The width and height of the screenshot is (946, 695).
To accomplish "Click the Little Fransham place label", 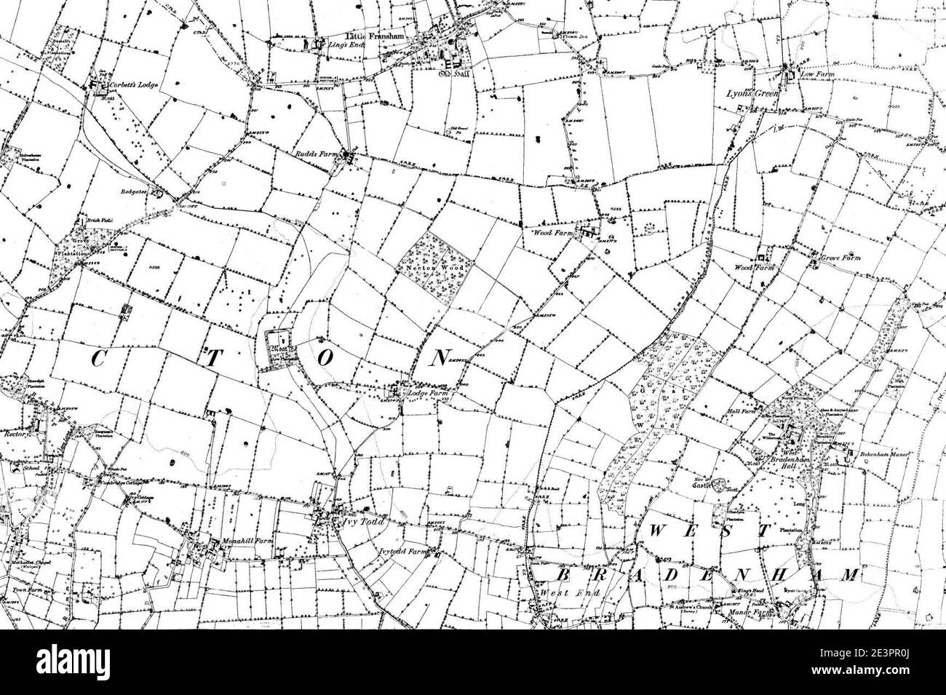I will [x=375, y=36].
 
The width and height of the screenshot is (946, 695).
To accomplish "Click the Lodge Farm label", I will [x=427, y=393].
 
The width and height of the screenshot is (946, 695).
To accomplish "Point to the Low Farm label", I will [x=815, y=75].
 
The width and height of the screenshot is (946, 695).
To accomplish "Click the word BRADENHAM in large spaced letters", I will [x=699, y=574].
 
